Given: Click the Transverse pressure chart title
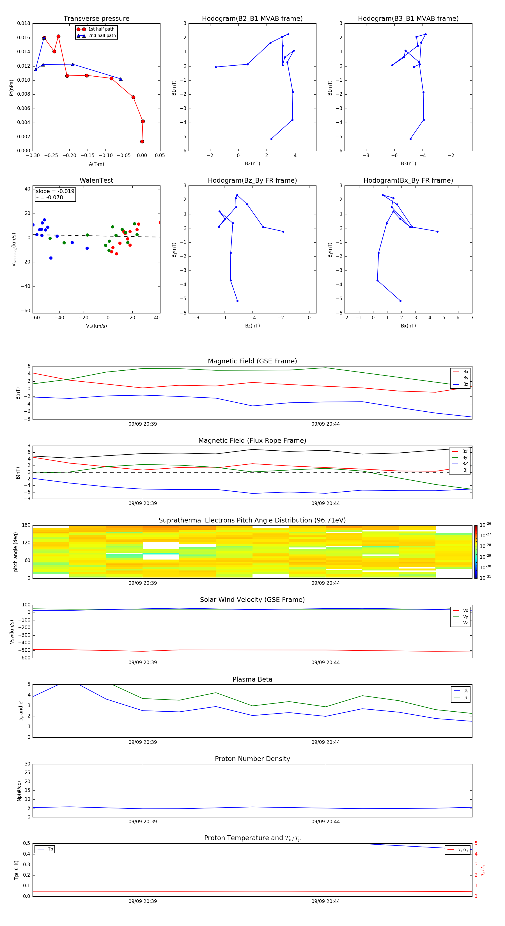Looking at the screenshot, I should pos(96,19).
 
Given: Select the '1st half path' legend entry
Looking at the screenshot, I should pos(101,29).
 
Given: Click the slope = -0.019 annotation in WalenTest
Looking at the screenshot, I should pos(55,191).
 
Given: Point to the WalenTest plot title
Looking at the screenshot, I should pos(96,180).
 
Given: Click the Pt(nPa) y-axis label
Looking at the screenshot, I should pos(12,88).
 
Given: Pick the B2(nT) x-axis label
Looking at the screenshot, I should pos(252,164).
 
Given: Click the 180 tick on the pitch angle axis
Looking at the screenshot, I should pos(26,525).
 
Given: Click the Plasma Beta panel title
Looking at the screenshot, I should pos(252,679).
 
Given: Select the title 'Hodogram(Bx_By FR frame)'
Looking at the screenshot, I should pos(408,180).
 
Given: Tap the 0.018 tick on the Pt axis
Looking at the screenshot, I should pos(24,24).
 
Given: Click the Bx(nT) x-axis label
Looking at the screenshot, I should pos(408,326).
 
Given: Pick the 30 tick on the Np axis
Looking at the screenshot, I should pos(27,764).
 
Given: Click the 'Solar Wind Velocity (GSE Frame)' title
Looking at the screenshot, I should pos(252,600).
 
